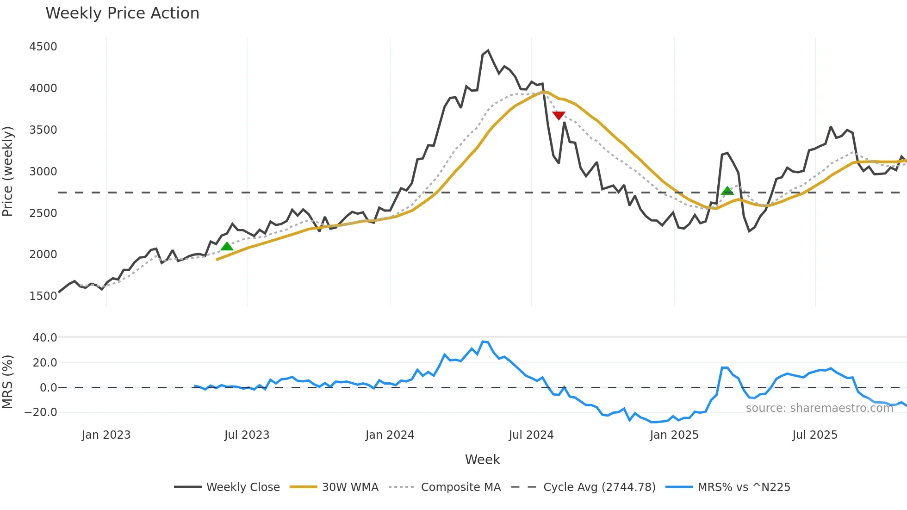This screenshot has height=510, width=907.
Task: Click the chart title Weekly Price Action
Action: coord(122,13)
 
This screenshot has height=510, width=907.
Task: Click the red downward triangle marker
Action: coord(559,115)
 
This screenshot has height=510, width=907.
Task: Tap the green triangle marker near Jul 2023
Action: coord(227,246)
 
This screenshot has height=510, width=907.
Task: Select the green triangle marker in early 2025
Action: coord(727,191)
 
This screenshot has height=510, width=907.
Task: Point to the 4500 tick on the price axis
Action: coord(43,47)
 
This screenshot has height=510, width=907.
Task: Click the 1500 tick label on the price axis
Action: coord(43,296)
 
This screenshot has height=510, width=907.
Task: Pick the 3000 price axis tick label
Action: coord(43,172)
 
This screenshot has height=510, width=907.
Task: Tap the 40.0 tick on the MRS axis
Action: coord(45,338)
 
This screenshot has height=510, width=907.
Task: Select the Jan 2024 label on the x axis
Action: coord(390,435)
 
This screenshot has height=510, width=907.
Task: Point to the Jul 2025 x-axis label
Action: coord(815,435)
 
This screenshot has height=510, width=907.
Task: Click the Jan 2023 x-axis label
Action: coord(106,435)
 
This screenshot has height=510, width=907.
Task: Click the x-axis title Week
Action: coord(482,460)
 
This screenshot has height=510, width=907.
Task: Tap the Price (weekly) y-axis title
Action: coord(8,171)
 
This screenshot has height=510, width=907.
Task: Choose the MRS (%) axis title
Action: coord(8,382)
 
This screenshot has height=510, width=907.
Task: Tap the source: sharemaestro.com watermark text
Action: coord(819,408)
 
